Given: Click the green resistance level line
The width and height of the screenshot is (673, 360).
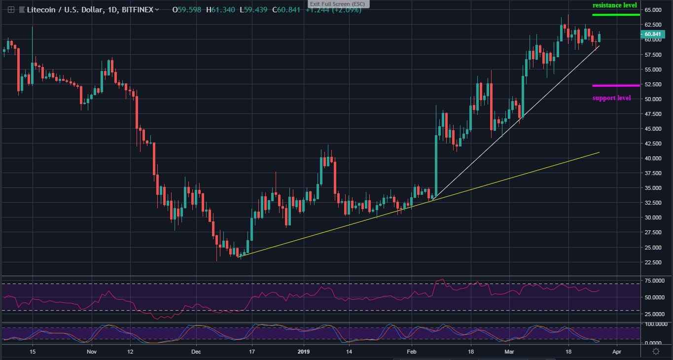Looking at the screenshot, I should pyautogui.click(x=615, y=15).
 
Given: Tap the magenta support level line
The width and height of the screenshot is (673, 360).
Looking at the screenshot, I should pyautogui.click(x=616, y=85).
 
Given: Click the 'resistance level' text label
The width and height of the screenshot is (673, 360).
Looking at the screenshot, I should pyautogui.click(x=614, y=5).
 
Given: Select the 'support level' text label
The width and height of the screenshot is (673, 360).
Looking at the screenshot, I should pyautogui.click(x=611, y=98).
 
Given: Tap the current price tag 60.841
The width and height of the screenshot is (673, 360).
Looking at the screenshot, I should pyautogui.click(x=652, y=34).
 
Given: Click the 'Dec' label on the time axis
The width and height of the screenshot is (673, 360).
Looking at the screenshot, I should pyautogui.click(x=196, y=352).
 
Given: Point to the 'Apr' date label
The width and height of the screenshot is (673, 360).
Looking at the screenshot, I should pyautogui.click(x=616, y=352).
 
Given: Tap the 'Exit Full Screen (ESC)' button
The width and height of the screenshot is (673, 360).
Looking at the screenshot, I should pyautogui.click(x=338, y=4).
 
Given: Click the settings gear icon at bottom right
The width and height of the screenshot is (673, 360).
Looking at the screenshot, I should pyautogui.click(x=656, y=352).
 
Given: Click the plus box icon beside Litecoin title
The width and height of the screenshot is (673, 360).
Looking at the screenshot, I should pyautogui.click(x=11, y=9).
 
